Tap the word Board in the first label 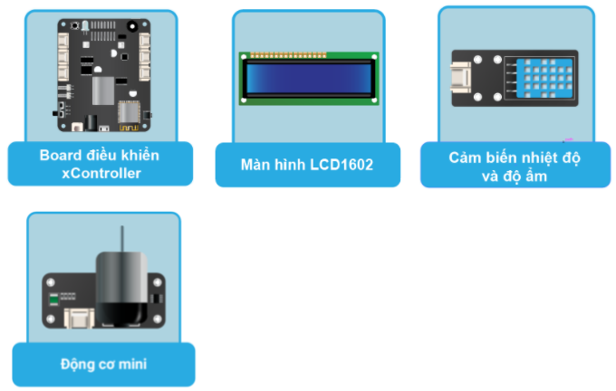coord(59,155)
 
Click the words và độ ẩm coord(515,176)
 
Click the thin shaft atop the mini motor coord(122,239)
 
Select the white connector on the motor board coord(79,319)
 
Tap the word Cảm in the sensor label coord(467,157)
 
